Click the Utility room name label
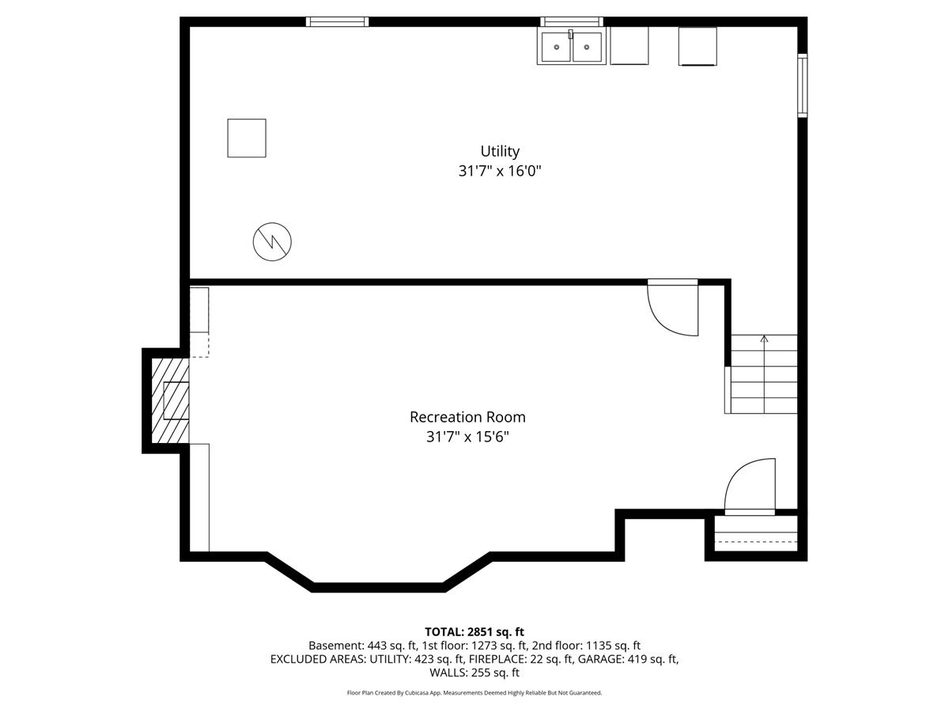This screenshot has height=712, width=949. (500, 151)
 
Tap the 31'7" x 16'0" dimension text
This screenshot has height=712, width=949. (500, 171)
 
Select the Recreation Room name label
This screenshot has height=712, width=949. (467, 417)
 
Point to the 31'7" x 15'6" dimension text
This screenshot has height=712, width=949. (467, 437)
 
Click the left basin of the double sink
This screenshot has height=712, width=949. (557, 47)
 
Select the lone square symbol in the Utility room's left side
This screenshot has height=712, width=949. (247, 138)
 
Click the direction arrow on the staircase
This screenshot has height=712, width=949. (764, 341)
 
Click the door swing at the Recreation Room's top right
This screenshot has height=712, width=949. (673, 308)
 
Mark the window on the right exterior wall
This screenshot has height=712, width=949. (802, 85)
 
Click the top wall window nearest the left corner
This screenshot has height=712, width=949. (338, 22)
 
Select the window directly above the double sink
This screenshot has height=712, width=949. (572, 22)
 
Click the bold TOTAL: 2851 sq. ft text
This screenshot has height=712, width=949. (475, 631)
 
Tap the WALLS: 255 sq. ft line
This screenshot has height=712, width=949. (475, 673)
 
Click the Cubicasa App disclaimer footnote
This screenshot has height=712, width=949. (475, 693)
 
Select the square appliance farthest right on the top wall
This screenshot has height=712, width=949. (698, 46)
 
